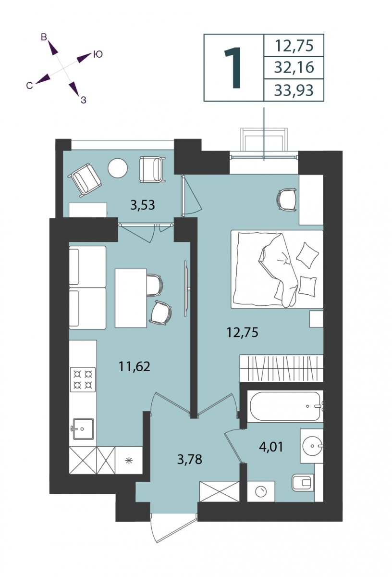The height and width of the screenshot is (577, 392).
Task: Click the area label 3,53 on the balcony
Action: [x=143, y=205]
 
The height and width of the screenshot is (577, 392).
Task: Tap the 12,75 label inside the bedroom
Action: [x=242, y=332]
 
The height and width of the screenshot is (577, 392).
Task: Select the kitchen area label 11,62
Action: [x=134, y=366]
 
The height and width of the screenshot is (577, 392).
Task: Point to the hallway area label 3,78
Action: [x=190, y=459]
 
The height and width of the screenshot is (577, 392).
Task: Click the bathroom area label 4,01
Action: [x=271, y=447]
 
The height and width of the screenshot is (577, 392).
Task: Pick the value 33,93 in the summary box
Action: [x=294, y=90]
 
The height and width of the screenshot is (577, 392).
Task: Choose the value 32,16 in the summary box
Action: [x=294, y=67]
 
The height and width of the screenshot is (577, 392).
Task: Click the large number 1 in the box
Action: [x=233, y=68]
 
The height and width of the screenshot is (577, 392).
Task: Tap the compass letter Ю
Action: [x=98, y=54]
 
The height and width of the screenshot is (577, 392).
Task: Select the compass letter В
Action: [x=44, y=37]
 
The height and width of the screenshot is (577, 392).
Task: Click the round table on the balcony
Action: [x=118, y=168]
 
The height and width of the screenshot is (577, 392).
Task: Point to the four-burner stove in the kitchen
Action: [x=83, y=380]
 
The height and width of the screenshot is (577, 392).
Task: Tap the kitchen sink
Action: [x=83, y=429]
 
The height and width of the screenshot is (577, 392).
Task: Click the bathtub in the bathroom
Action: [x=285, y=406]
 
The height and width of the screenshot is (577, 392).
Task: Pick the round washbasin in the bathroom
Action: [x=312, y=446]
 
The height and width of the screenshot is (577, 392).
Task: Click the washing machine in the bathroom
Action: [x=261, y=491]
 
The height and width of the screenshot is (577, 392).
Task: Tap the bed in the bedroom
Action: [x=277, y=269]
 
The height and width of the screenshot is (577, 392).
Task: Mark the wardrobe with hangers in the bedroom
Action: [x=282, y=368]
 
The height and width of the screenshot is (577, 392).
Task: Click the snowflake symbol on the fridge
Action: [x=129, y=460]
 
